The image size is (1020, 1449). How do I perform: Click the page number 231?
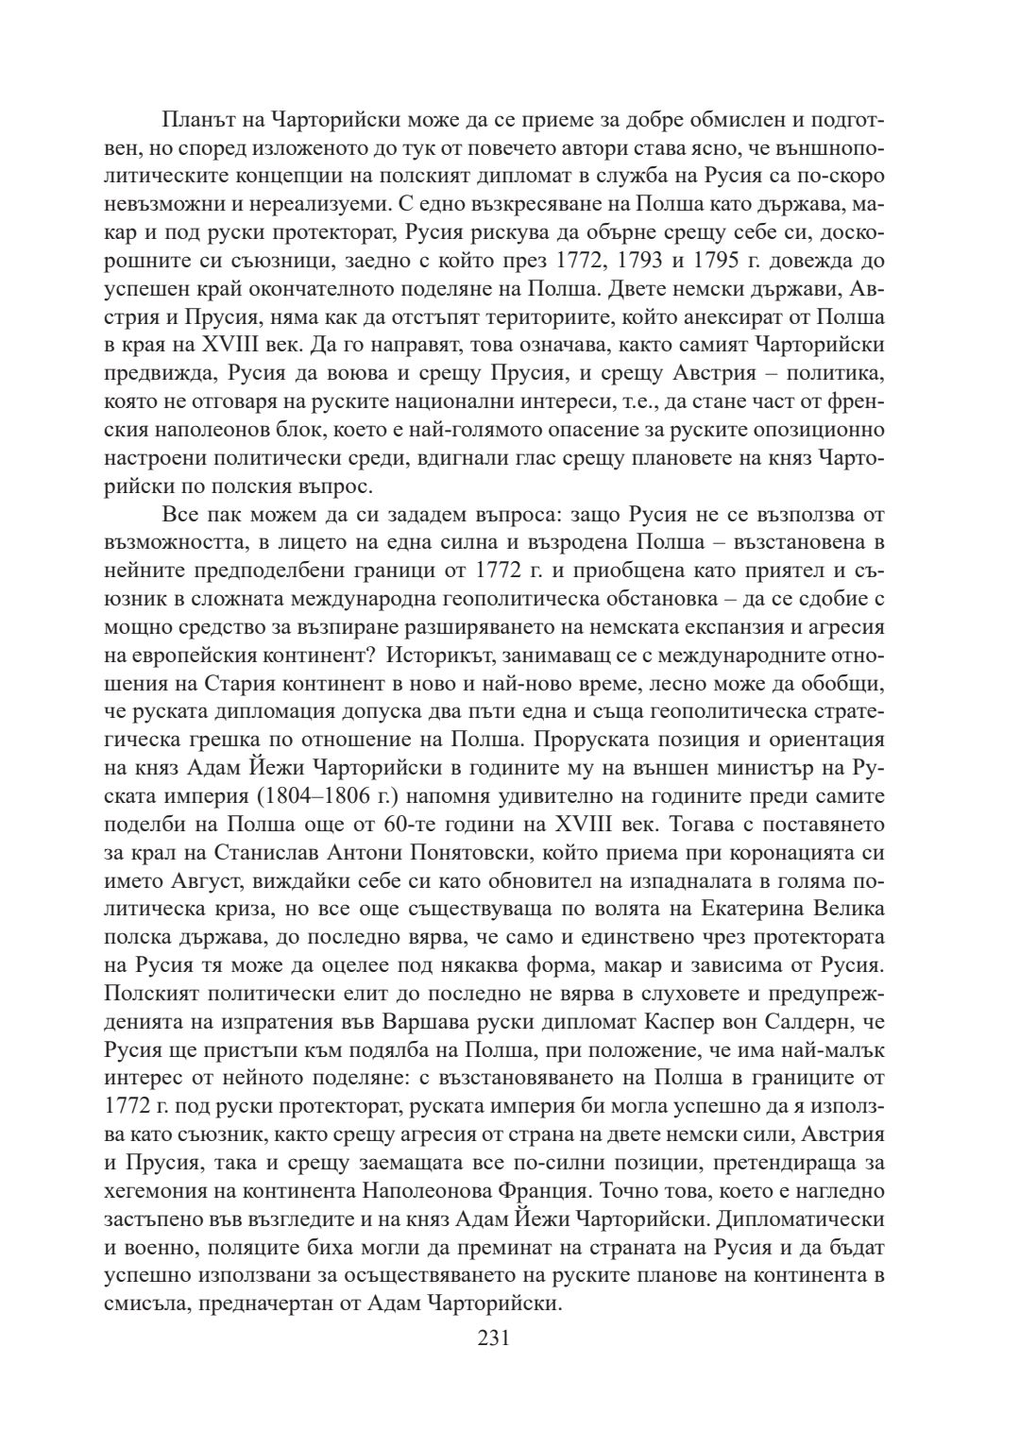click(x=494, y=1338)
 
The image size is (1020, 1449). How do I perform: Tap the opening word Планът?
click(x=195, y=120)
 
